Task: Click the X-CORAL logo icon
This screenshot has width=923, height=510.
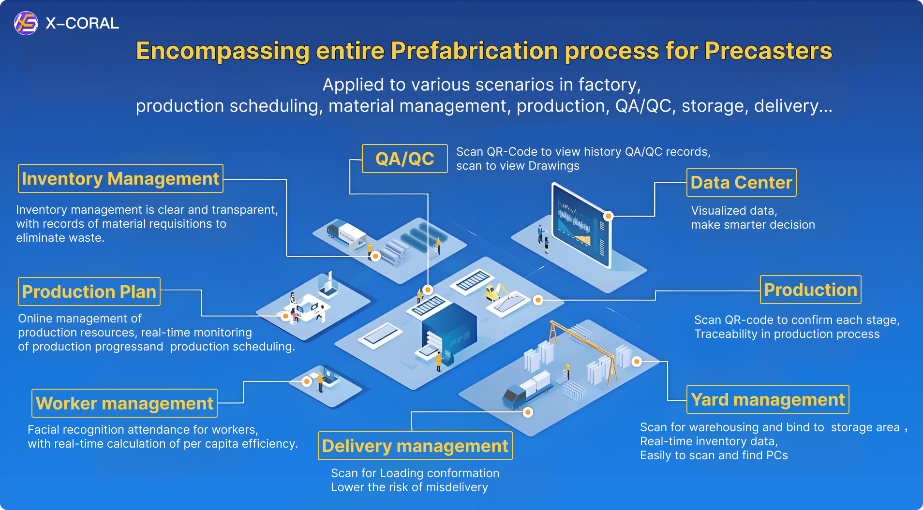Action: tap(26, 23)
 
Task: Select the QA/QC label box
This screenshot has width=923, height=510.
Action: tap(405, 159)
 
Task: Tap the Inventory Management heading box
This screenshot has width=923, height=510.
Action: tap(120, 179)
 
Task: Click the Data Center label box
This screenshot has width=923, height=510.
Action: tap(741, 183)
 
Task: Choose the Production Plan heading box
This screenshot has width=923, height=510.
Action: tap(89, 292)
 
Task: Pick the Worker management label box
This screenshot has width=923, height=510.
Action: tap(124, 404)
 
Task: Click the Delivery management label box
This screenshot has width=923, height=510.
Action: tap(415, 446)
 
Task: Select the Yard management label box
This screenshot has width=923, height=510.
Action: tap(768, 400)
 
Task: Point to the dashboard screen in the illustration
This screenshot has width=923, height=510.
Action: tap(581, 226)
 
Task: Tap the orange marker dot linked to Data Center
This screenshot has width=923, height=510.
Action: tap(609, 216)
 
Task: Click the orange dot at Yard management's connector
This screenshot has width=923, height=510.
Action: tap(637, 362)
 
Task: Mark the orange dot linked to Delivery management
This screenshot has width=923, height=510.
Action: tap(528, 412)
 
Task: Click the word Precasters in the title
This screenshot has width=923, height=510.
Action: tap(768, 51)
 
